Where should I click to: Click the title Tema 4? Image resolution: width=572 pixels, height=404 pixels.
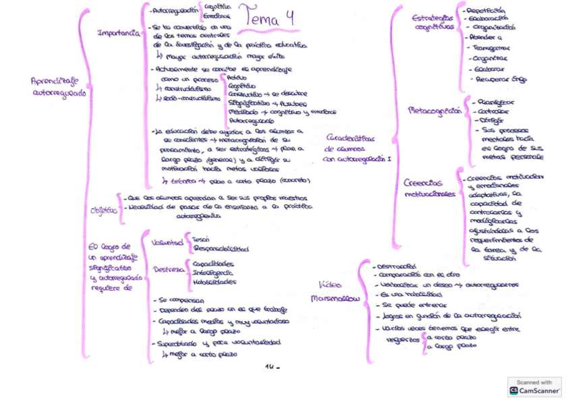tap(270, 16)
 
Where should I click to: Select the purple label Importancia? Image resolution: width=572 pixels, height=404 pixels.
tap(119, 32)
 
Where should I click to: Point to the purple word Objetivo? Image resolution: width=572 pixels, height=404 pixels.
tap(104, 210)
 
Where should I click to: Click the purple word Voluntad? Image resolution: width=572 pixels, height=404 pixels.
tap(167, 241)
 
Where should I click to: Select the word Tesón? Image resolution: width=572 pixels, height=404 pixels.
tap(200, 239)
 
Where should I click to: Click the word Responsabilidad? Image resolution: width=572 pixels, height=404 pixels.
tap(220, 248)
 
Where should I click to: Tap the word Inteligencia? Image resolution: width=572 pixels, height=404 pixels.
tap(213, 272)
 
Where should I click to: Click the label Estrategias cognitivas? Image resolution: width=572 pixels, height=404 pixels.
tap(432, 22)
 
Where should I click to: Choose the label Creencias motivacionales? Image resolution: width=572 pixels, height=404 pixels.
tap(429, 187)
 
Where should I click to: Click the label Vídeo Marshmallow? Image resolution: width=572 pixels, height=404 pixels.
tap(335, 291)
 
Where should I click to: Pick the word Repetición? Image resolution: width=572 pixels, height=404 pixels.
tap(485, 11)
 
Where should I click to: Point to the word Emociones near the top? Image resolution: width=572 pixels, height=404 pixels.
tap(216, 15)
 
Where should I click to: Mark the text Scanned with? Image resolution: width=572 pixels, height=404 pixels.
tap(534, 382)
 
